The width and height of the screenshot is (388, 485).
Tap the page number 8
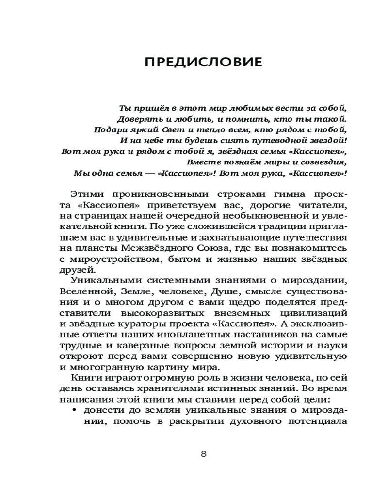click(204, 454)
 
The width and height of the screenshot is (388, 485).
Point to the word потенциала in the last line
click(324, 421)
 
